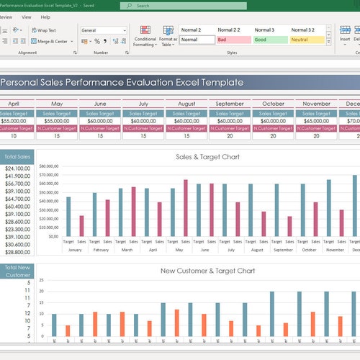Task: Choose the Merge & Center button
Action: pos(55,42)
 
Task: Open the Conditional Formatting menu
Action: pos(145,38)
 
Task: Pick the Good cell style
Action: pos(271,40)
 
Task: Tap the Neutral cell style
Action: pos(308,40)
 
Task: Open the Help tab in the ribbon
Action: pos(45,17)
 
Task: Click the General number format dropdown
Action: pos(104,31)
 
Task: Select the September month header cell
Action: pos(230,104)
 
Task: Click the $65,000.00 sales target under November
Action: pos(317,120)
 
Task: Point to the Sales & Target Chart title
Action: pos(207,157)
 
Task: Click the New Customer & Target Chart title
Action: pos(207,271)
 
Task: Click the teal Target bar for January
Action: pos(68,217)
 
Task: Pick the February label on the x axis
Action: pos(101,250)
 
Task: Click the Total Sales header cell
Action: pos(18,157)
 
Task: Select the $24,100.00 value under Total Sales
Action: pos(18,168)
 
